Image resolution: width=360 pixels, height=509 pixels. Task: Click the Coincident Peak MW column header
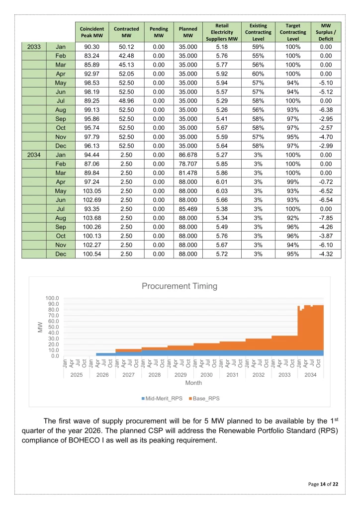(x=91, y=33)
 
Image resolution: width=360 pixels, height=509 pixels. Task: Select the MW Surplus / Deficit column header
(x=326, y=33)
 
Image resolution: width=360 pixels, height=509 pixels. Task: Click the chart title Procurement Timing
(x=180, y=286)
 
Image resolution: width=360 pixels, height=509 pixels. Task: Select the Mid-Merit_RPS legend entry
(x=162, y=398)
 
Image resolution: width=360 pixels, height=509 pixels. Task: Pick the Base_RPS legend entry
(x=203, y=398)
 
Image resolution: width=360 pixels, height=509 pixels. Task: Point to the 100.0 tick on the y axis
(x=53, y=298)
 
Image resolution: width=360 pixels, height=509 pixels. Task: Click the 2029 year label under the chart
(x=180, y=374)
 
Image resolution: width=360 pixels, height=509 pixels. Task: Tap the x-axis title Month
(x=194, y=383)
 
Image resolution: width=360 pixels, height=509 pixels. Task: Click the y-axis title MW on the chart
(x=39, y=327)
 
